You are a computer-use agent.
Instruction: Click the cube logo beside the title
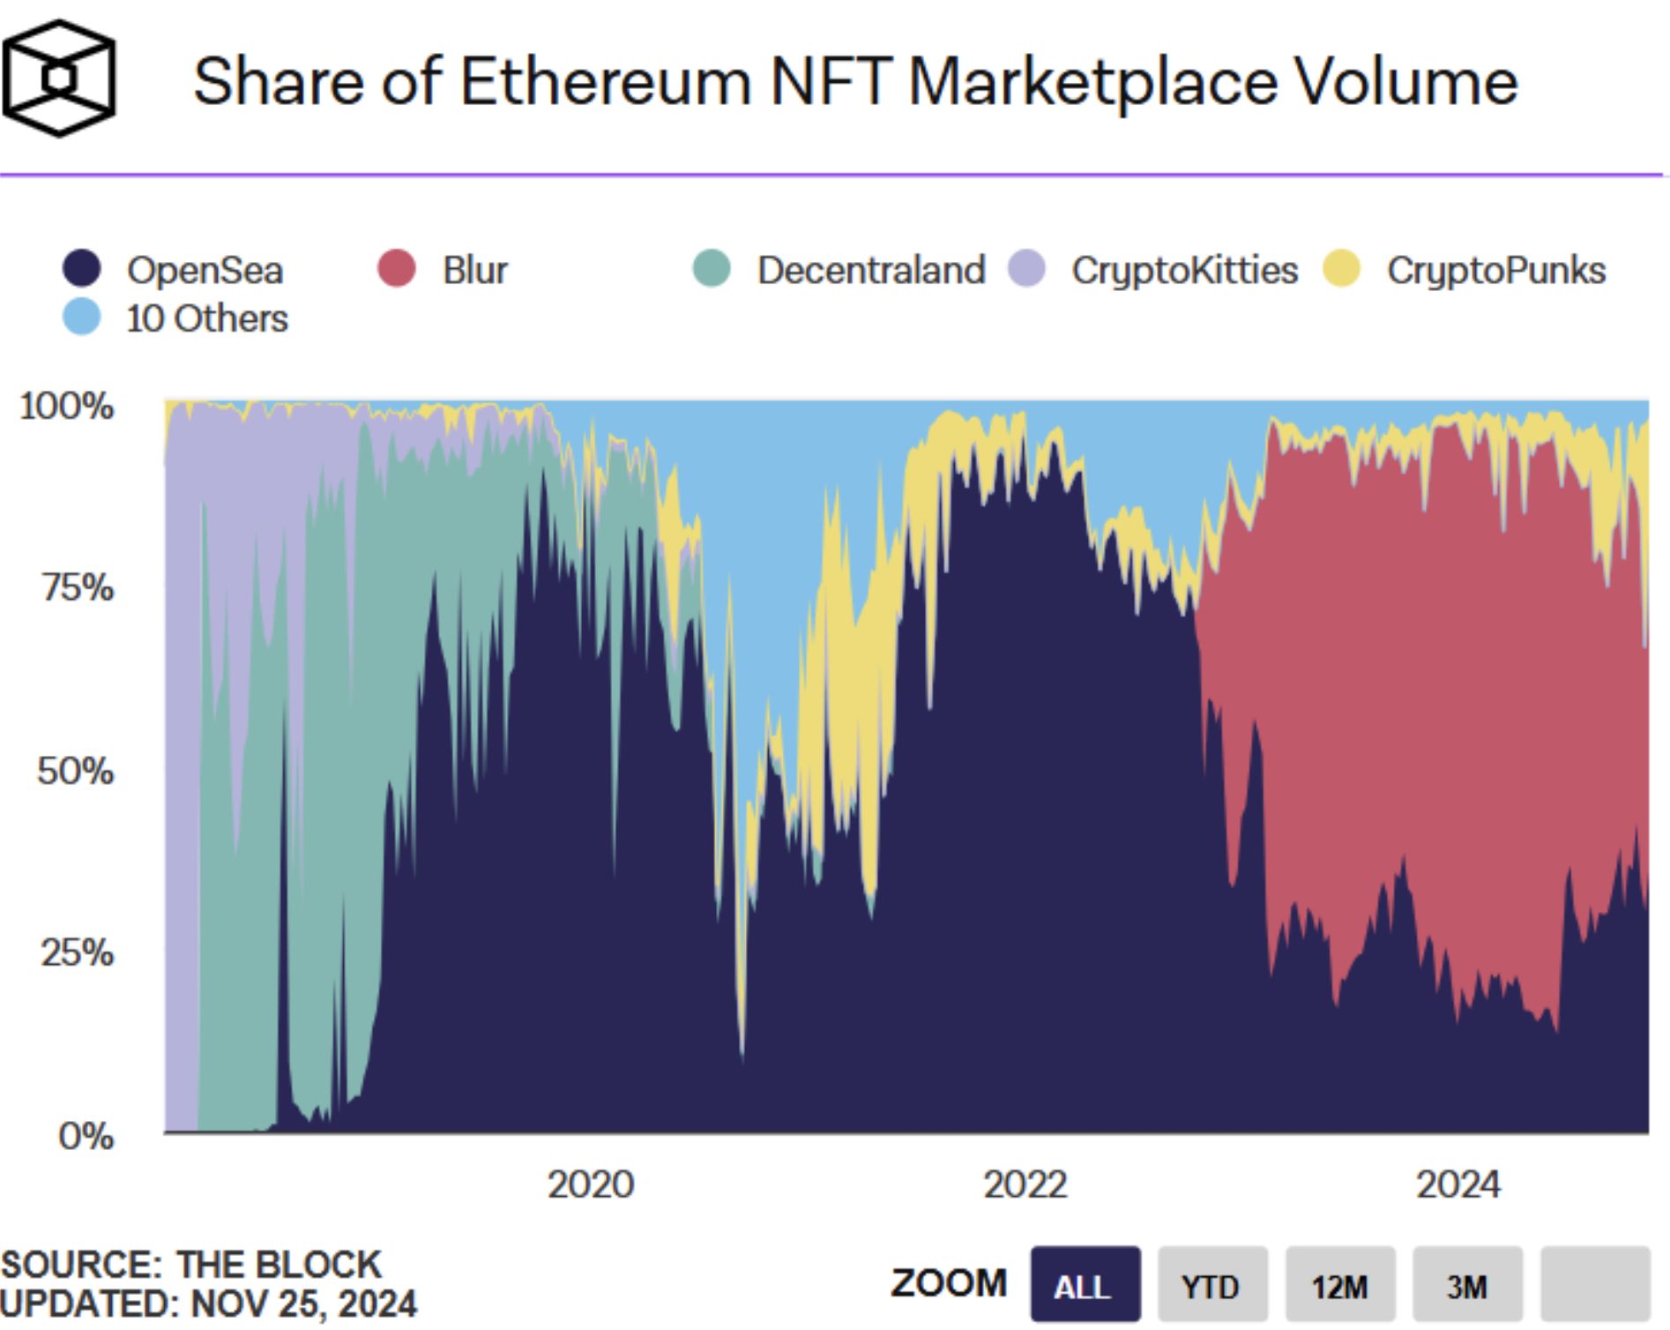(x=59, y=78)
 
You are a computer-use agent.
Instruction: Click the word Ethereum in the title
(x=605, y=82)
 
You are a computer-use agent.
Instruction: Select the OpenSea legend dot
(x=82, y=268)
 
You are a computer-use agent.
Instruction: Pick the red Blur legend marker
(x=397, y=268)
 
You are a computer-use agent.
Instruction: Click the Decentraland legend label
(x=870, y=270)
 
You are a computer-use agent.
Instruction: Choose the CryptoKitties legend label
(x=1184, y=270)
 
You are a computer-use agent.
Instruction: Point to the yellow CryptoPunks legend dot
(x=1342, y=268)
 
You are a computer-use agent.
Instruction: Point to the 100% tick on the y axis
(x=67, y=406)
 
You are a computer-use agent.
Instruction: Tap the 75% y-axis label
(x=78, y=587)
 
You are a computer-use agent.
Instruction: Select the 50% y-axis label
(x=76, y=771)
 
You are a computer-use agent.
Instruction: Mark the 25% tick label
(x=78, y=953)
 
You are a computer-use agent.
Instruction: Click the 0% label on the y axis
(x=86, y=1135)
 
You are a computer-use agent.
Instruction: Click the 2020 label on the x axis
(x=591, y=1184)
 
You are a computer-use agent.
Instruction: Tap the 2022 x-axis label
(x=1025, y=1184)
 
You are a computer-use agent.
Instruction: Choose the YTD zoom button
(x=1211, y=1285)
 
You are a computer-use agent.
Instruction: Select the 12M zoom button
(x=1339, y=1285)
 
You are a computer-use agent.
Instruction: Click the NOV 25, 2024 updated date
(x=303, y=1304)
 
